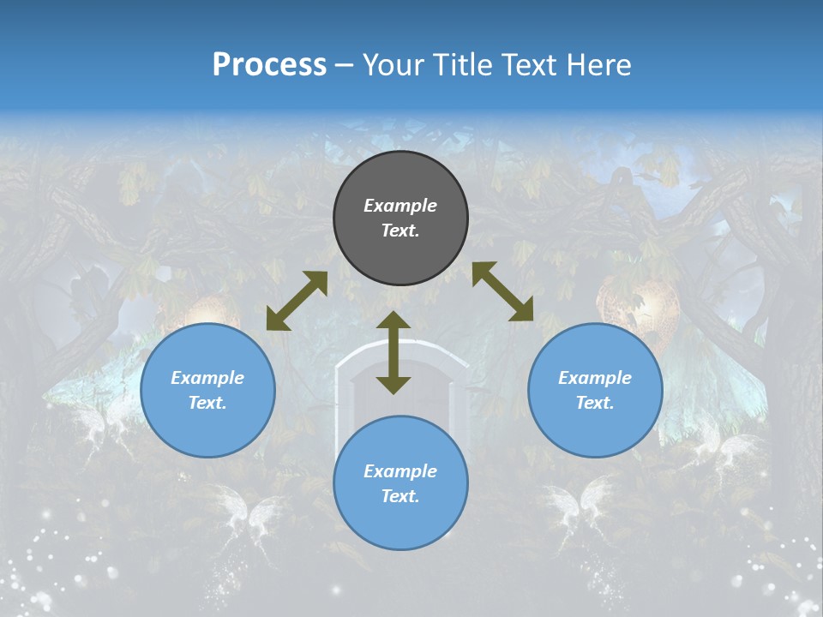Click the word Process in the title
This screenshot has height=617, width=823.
coord(269,65)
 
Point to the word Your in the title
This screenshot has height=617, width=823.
coord(394,65)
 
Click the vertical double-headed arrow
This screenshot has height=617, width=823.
coord(393,352)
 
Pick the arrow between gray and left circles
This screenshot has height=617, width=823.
coord(297,301)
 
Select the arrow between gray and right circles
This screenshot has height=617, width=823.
coord(502,291)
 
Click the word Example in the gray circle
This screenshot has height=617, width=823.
coord(400,206)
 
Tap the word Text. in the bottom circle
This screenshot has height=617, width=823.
coord(400,496)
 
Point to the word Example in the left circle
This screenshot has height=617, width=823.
coord(207,378)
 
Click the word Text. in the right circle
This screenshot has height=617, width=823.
coord(595,403)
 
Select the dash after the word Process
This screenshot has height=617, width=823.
coord(345,65)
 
